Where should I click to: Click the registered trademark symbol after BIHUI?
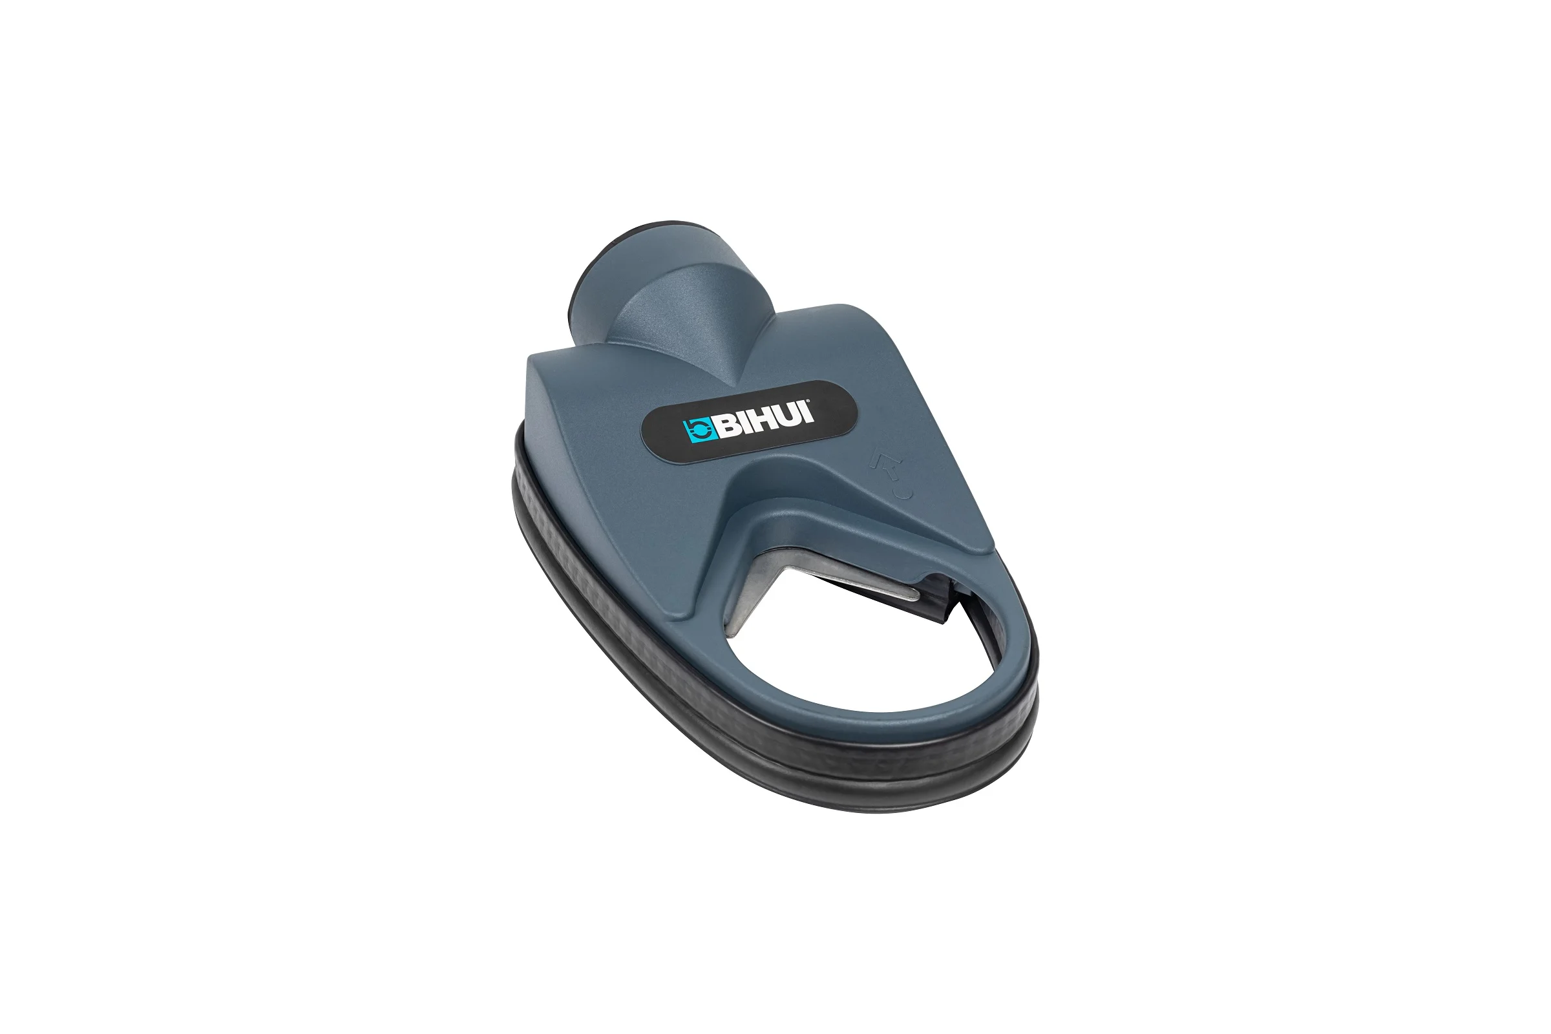tap(818, 403)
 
